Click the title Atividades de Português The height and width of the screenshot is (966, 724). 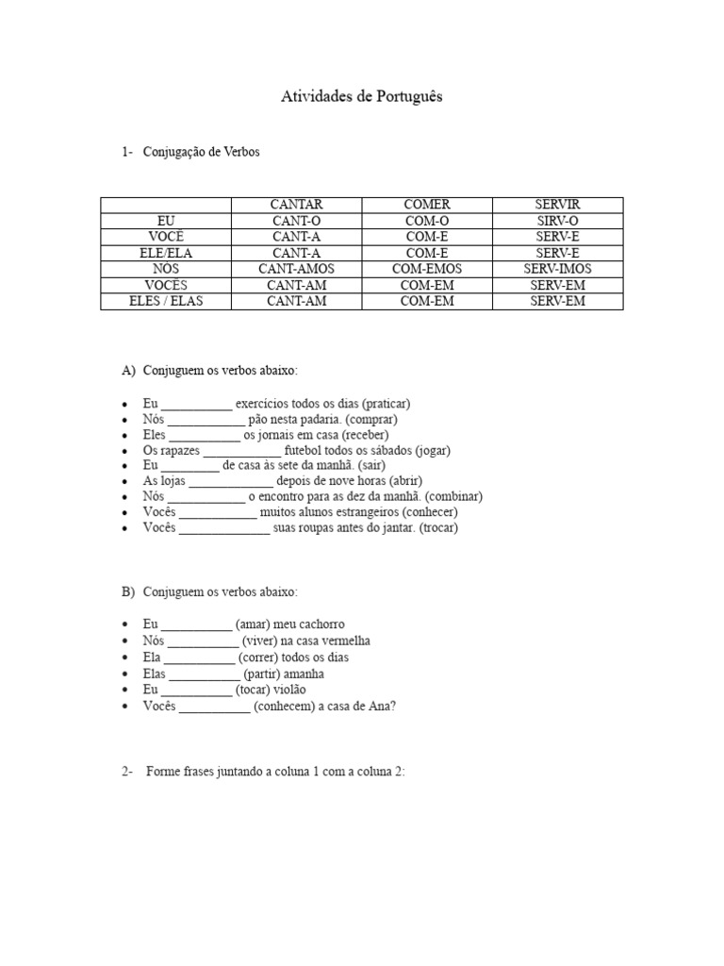362,97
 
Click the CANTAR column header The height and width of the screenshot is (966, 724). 296,205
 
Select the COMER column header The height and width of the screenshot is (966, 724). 427,205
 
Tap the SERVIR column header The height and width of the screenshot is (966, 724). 558,205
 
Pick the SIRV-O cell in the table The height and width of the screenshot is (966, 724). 558,221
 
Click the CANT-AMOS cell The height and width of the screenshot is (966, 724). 296,269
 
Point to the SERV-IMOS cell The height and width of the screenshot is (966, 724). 558,269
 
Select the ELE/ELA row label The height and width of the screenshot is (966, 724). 166,253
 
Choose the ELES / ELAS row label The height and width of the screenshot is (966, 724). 166,301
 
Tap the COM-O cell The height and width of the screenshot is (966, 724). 427,221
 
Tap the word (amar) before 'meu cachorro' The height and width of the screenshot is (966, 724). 255,625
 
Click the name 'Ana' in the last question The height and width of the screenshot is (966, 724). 381,707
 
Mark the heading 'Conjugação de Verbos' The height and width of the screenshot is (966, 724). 201,152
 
